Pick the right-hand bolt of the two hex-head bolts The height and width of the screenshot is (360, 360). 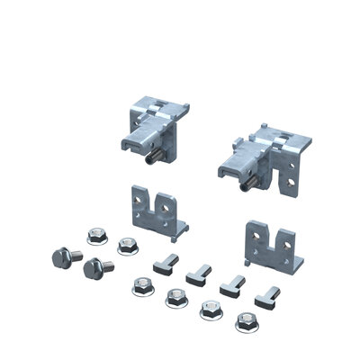click(94, 269)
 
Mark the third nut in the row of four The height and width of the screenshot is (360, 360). click(208, 309)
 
